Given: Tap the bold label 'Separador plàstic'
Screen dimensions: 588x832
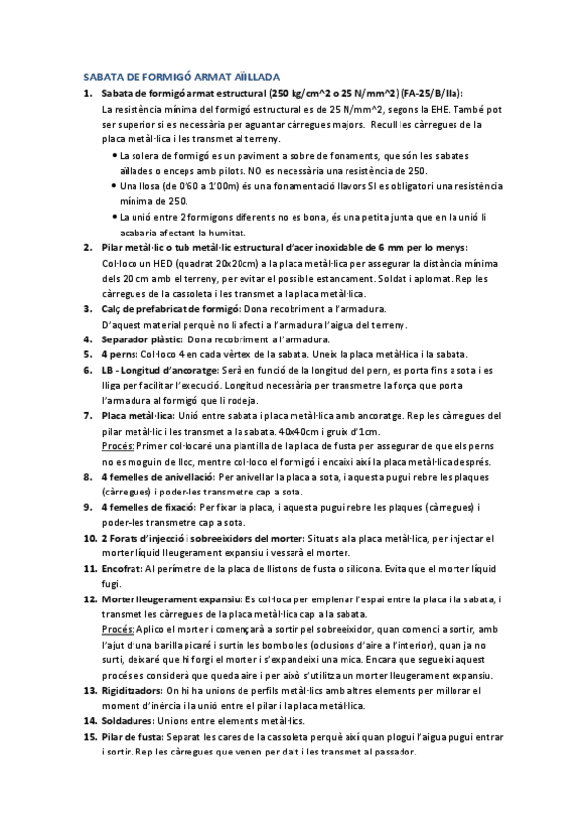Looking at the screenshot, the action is click(x=136, y=339).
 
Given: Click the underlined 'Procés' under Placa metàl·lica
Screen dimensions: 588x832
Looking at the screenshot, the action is click(x=118, y=446).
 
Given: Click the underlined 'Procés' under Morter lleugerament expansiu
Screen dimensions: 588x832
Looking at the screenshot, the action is click(x=118, y=629).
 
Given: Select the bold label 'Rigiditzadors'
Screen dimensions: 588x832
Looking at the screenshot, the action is click(x=133, y=691).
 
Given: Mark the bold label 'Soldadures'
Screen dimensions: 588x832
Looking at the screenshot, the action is click(x=129, y=721).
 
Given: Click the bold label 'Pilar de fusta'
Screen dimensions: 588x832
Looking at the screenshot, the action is click(x=134, y=737).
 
